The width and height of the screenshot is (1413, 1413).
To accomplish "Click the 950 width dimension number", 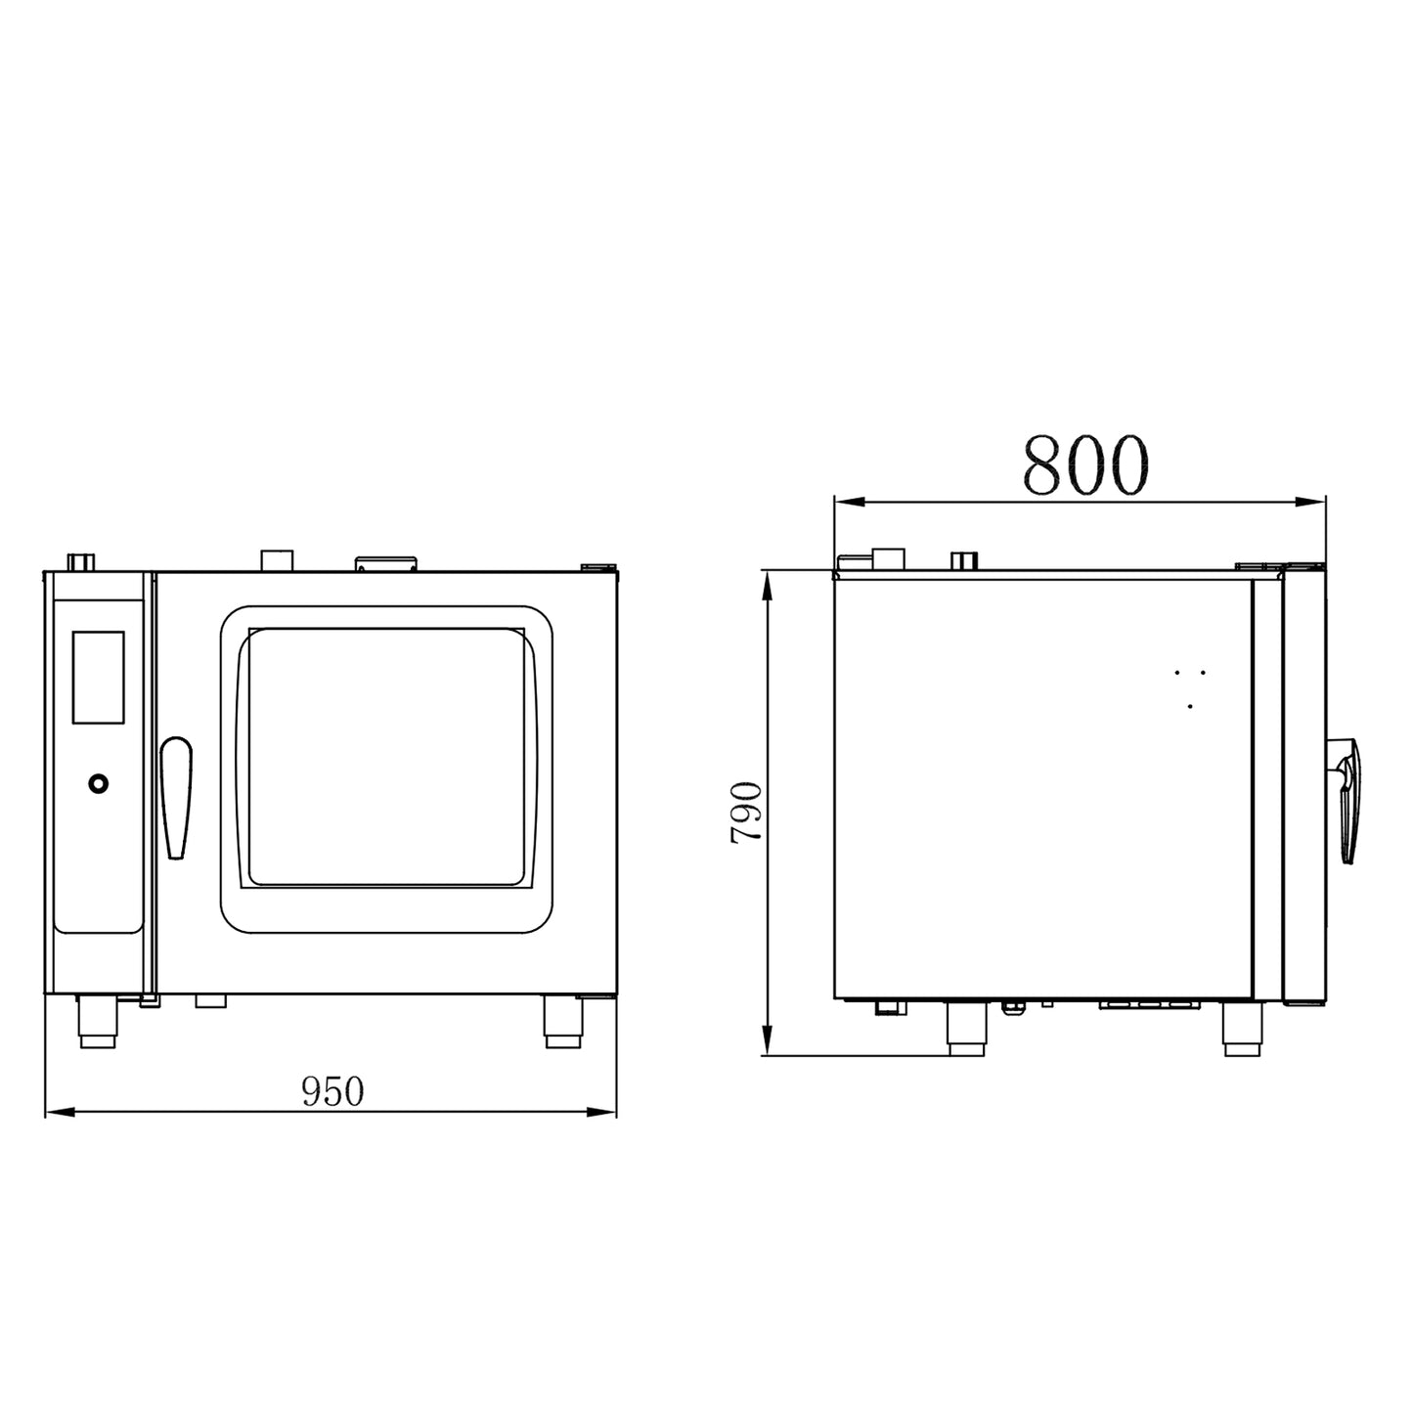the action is point(332,1092).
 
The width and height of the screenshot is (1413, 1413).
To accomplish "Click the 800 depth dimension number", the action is point(1085,464).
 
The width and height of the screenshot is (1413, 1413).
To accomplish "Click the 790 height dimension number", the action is point(746,813).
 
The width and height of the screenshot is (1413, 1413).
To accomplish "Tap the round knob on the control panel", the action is point(98,784).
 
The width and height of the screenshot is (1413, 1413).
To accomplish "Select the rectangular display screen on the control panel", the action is point(98,677).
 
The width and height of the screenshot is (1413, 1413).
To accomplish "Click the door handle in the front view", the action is point(176,797).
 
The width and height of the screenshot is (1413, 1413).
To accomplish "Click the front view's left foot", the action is point(98,1021).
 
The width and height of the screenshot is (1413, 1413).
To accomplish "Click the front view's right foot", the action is point(563,1021).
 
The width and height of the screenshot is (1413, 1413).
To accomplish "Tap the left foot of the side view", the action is point(966,1028).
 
